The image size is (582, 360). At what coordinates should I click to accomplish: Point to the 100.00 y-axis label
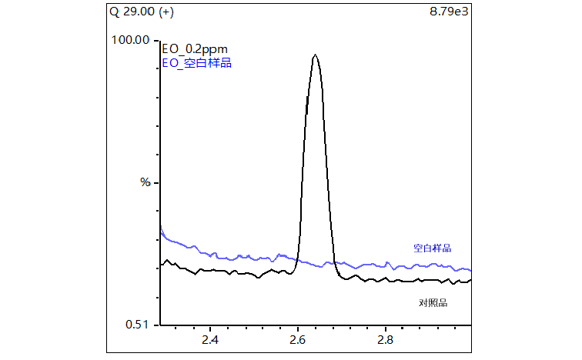pyautogui.click(x=130, y=40)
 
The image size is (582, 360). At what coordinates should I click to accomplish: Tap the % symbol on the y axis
pyautogui.click(x=144, y=182)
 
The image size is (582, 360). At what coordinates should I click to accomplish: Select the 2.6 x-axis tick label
pyautogui.click(x=298, y=339)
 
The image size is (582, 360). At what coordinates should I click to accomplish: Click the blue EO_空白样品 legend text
pyautogui.click(x=196, y=63)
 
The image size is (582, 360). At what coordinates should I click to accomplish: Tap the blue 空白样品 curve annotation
pyautogui.click(x=432, y=248)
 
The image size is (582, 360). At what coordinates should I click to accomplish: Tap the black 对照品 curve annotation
pyautogui.click(x=433, y=302)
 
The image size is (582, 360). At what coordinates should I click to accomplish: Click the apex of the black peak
pyautogui.click(x=315, y=55)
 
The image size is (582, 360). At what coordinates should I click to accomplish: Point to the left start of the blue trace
pyautogui.click(x=160, y=228)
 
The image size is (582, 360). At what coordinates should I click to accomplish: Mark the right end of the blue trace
pyautogui.click(x=470, y=270)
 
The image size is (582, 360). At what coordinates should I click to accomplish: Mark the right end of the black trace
pyautogui.click(x=470, y=280)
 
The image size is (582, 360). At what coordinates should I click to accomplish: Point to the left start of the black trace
pyautogui.click(x=160, y=264)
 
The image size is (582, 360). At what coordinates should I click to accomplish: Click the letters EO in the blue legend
pyautogui.click(x=169, y=63)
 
